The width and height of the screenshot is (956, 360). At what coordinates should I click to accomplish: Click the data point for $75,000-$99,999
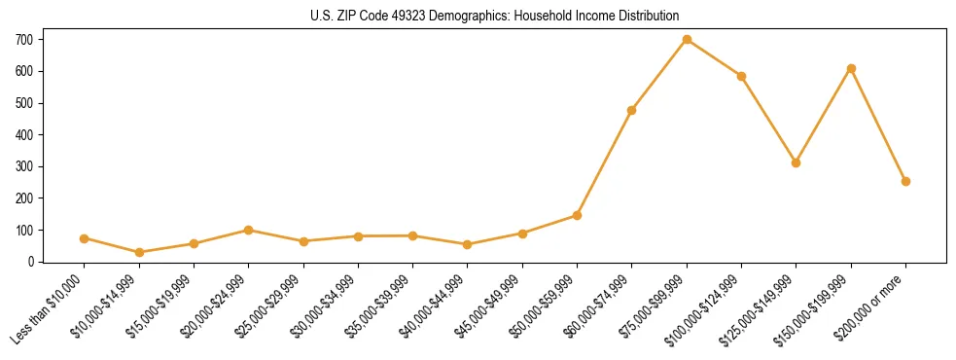coord(687,40)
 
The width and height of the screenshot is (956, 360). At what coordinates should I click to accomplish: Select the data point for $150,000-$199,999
coord(851,68)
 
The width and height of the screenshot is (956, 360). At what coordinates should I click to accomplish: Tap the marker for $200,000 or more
coord(905,181)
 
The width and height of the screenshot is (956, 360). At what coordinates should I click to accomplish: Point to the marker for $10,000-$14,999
coord(139,252)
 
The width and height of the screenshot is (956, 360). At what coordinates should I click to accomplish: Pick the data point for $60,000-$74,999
coord(632,110)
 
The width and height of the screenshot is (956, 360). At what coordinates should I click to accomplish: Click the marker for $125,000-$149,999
coord(796,162)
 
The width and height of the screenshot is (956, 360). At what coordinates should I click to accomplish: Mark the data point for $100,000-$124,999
coord(741,76)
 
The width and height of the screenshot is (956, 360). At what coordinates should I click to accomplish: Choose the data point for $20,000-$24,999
coord(249,230)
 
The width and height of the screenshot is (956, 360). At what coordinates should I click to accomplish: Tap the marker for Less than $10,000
coord(85,238)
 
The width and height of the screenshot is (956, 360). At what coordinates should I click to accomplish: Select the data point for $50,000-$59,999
coord(577,215)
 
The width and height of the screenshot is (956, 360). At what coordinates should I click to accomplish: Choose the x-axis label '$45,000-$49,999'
coord(492,307)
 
